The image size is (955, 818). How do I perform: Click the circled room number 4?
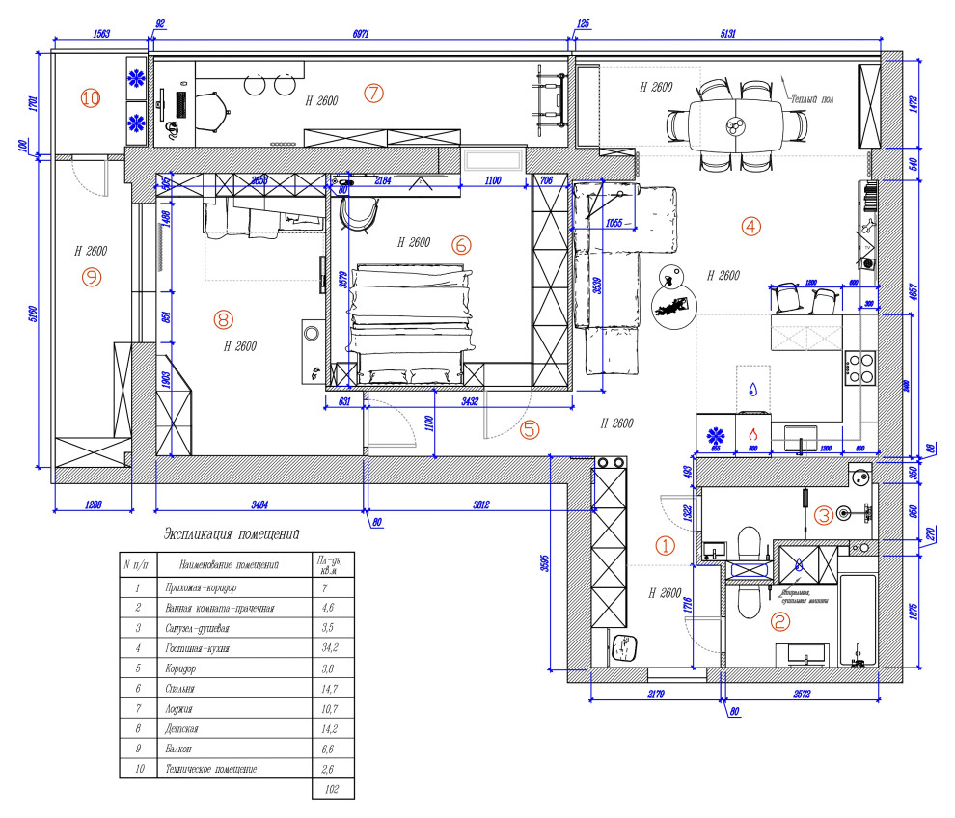click(x=750, y=227)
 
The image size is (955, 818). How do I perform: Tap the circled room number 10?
click(x=91, y=98)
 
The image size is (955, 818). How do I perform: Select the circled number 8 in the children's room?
click(x=223, y=317)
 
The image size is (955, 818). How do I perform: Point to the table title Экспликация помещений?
click(x=232, y=533)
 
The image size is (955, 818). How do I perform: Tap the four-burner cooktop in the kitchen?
click(x=860, y=367)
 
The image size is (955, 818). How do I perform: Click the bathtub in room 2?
click(x=858, y=622)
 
